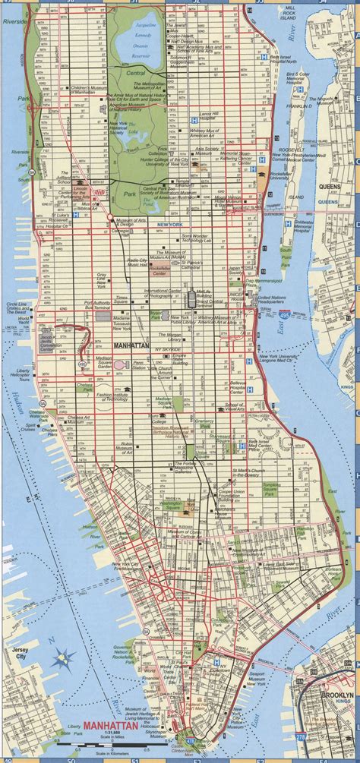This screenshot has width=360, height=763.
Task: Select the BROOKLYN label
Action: point(337,695)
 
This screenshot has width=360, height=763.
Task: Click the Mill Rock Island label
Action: point(310,13)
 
